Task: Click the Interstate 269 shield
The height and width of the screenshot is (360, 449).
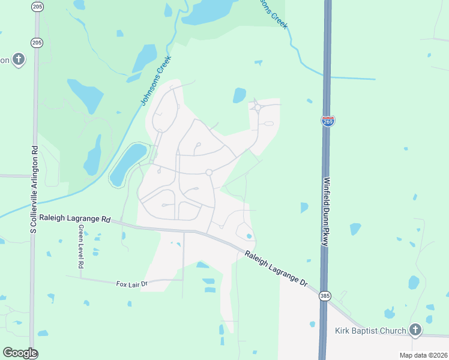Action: click(x=328, y=121)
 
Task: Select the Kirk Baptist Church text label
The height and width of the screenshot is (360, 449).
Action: click(x=370, y=331)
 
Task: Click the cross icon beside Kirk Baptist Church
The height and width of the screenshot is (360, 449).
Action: click(x=415, y=329)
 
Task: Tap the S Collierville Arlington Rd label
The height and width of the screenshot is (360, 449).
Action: click(x=34, y=189)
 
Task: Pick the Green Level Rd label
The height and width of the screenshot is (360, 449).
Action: click(x=80, y=248)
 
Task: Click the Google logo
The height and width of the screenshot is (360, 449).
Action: click(x=20, y=353)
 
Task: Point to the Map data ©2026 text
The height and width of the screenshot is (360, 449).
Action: click(x=423, y=355)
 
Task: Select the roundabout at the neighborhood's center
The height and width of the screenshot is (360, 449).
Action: click(x=209, y=172)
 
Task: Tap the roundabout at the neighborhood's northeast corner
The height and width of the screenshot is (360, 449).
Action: click(x=258, y=108)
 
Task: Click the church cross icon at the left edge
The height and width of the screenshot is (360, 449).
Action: click(x=19, y=59)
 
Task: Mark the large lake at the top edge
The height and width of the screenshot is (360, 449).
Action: click(x=208, y=11)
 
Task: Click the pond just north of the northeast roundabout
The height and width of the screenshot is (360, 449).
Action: click(x=240, y=95)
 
